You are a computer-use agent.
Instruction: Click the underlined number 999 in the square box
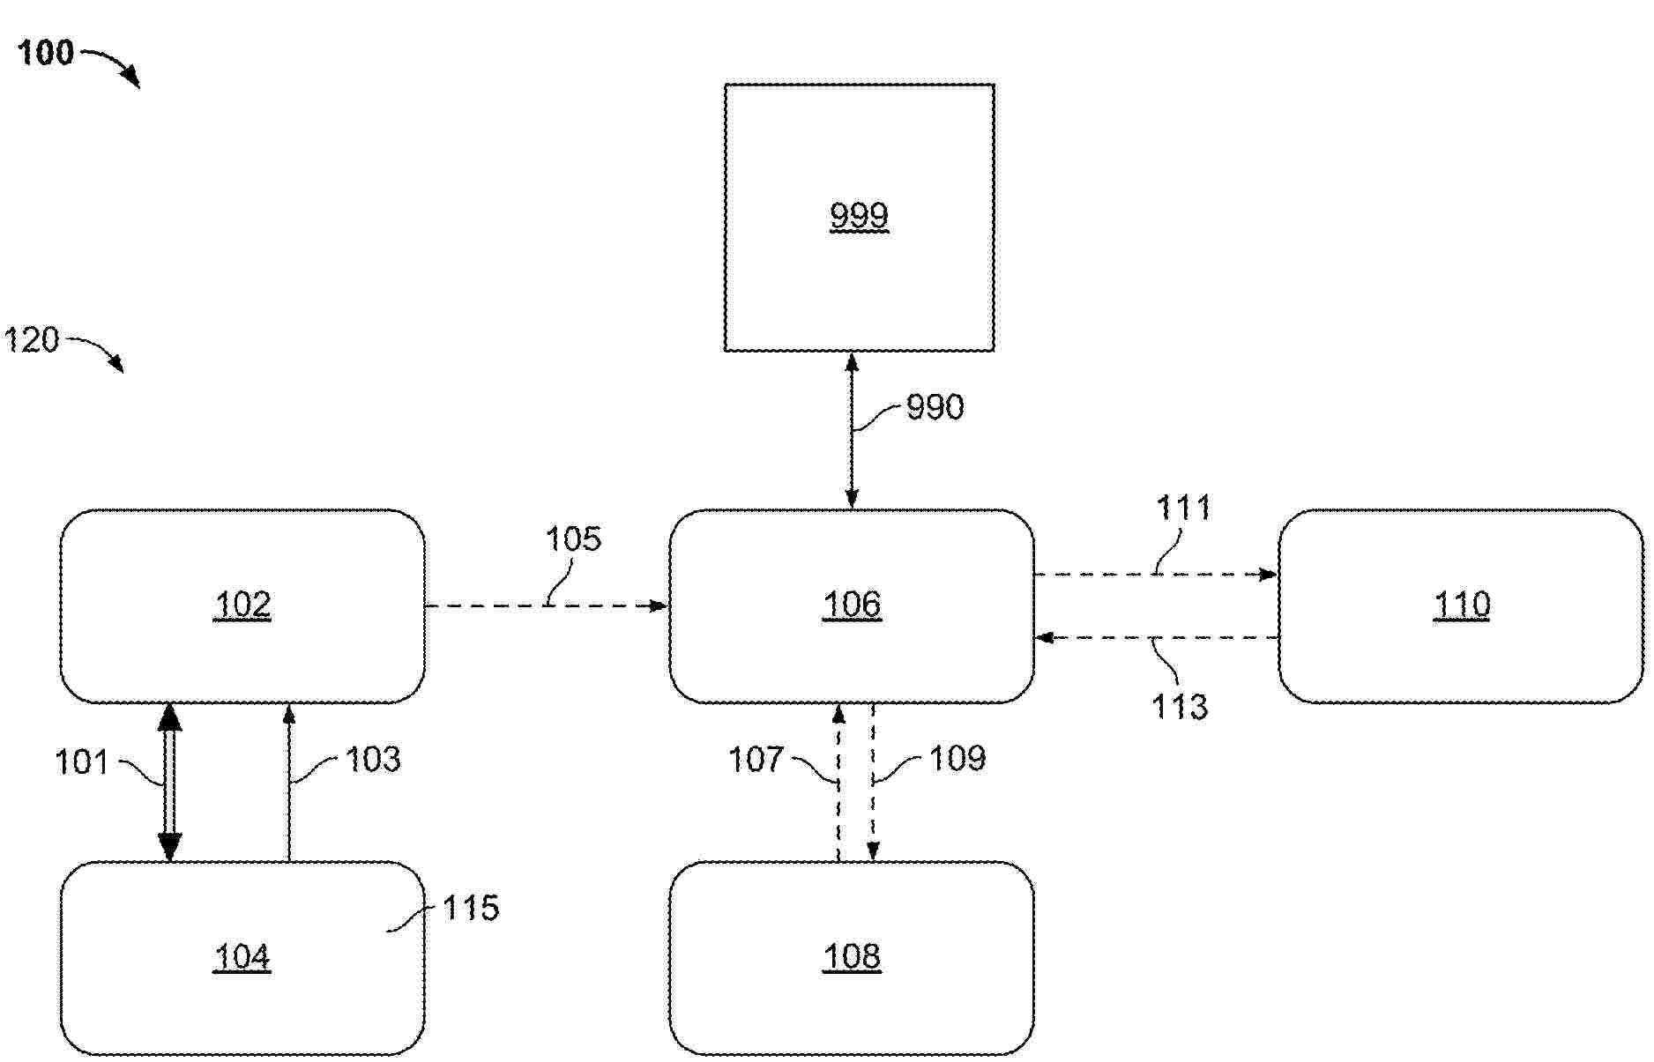click(x=859, y=215)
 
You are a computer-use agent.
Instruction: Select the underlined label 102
click(x=242, y=605)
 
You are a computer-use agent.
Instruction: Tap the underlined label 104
click(x=242, y=956)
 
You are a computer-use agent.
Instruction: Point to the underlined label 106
click(x=852, y=605)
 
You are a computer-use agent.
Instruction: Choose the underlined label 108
click(x=852, y=956)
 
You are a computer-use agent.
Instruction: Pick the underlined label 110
click(x=1462, y=605)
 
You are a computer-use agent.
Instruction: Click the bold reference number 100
click(x=46, y=53)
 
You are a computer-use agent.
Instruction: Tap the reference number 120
click(x=32, y=340)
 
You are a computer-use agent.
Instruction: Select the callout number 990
click(x=935, y=407)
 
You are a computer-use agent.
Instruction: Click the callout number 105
click(x=573, y=539)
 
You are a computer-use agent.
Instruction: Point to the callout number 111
click(x=1183, y=508)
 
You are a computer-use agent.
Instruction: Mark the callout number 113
click(x=1180, y=707)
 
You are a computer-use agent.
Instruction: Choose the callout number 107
click(x=756, y=760)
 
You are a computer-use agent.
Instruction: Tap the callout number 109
click(x=957, y=759)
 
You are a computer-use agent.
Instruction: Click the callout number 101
click(x=81, y=762)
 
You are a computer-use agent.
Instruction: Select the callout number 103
click(x=373, y=760)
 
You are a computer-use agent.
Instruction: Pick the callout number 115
click(x=471, y=908)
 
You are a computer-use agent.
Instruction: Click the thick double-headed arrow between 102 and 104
click(x=169, y=783)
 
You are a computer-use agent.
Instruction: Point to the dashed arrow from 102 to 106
click(x=547, y=606)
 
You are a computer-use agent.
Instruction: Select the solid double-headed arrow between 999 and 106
click(x=852, y=431)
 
